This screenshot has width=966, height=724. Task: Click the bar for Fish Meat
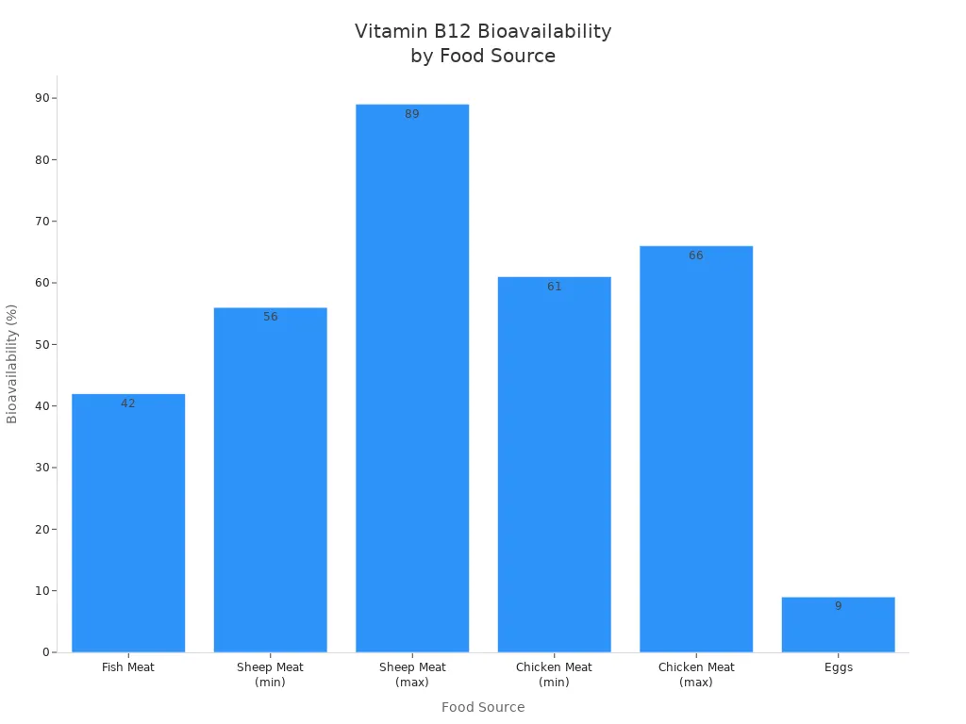[128, 523]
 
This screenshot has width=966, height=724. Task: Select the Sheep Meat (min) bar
[270, 481]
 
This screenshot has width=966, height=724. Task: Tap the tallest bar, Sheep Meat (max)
[412, 377]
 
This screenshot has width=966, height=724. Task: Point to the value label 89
[412, 114]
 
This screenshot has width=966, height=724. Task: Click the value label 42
[128, 403]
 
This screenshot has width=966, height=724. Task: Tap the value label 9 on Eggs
[838, 606]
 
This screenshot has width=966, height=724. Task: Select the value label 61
[554, 287]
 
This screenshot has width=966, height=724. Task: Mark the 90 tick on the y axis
[42, 98]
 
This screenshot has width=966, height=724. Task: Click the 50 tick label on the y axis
[42, 344]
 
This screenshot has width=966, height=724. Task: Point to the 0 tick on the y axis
[46, 652]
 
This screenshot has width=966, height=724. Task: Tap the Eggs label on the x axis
[838, 667]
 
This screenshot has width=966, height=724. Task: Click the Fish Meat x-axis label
[128, 667]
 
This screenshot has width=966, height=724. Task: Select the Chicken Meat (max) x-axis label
[696, 674]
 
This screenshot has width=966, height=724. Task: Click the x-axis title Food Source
[483, 707]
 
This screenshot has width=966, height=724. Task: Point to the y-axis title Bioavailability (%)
[12, 364]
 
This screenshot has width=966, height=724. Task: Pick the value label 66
[696, 255]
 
